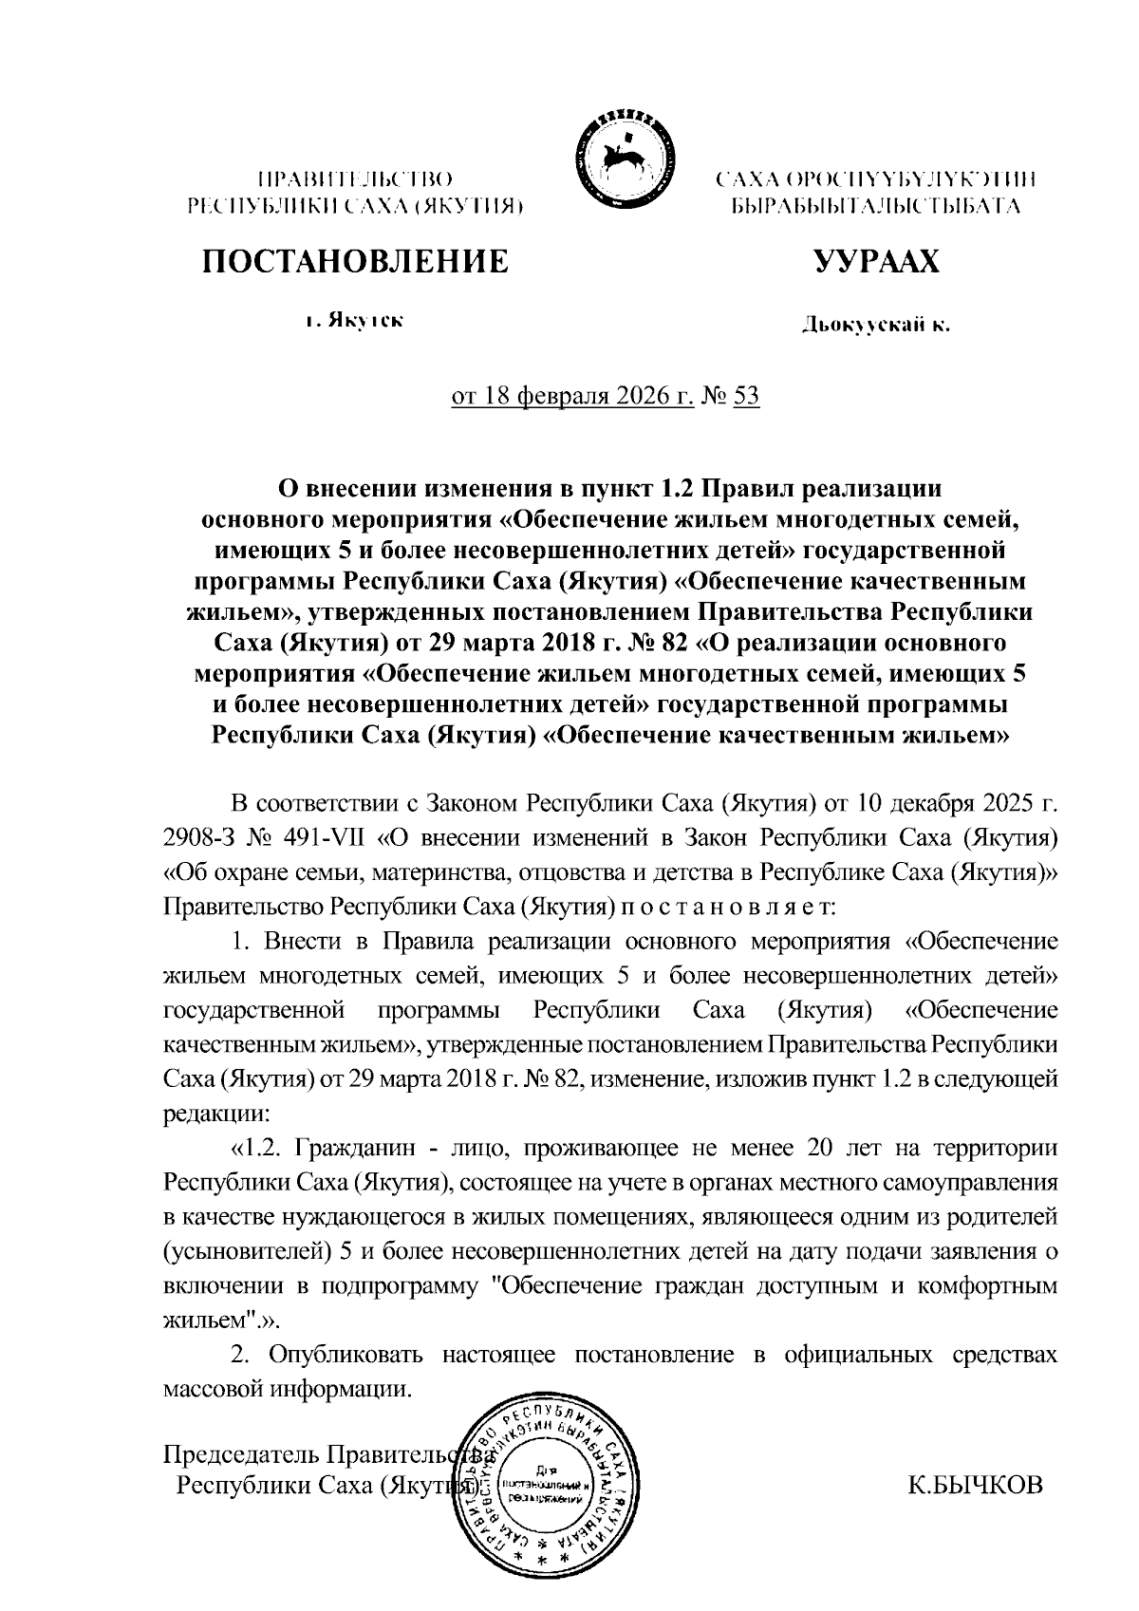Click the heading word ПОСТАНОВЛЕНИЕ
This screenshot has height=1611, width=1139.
tap(353, 261)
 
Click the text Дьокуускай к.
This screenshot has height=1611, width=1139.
tap(875, 327)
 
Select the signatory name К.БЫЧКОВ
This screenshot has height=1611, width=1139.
tap(975, 1484)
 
